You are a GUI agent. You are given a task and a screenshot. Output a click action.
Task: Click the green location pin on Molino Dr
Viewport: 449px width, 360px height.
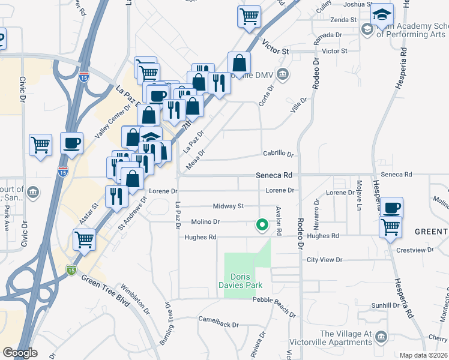pyautogui.click(x=262, y=225)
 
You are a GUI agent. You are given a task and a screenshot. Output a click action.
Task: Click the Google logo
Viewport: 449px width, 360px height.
pyautogui.click(x=20, y=353)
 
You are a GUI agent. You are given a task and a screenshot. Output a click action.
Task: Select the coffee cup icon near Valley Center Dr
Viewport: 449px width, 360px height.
pyautogui.click(x=71, y=143)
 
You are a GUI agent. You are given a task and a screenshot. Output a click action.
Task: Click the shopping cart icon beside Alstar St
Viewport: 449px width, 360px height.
pyautogui.click(x=85, y=240)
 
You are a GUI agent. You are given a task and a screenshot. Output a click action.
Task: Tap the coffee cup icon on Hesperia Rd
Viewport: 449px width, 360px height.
pyautogui.click(x=391, y=208)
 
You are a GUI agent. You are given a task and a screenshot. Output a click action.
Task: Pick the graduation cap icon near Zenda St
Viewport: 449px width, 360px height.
pyautogui.click(x=382, y=16)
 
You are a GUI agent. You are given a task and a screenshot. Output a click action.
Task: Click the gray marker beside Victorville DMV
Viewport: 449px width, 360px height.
pyautogui.click(x=283, y=74)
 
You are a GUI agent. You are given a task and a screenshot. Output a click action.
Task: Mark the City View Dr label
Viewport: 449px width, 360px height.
pyautogui.click(x=324, y=260)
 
